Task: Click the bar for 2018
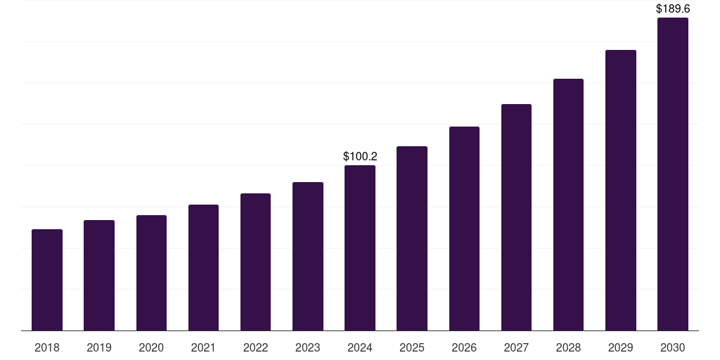(x=47, y=280)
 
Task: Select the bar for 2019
(x=99, y=276)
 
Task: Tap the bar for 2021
(x=203, y=268)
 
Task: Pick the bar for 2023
(x=308, y=257)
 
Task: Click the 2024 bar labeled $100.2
(x=360, y=248)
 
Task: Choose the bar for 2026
(x=464, y=229)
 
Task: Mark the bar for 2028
(x=568, y=205)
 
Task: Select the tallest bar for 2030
(x=673, y=174)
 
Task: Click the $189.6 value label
(x=673, y=9)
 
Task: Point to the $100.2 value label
(x=360, y=156)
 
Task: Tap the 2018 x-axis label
(x=47, y=347)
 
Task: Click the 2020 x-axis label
(x=151, y=347)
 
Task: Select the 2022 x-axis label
(x=256, y=347)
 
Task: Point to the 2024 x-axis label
(x=360, y=347)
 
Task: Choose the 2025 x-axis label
(x=412, y=347)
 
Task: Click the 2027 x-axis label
(x=516, y=347)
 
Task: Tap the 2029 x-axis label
(x=621, y=347)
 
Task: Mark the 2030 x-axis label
(x=673, y=347)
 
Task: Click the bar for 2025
(x=412, y=238)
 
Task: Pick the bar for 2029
(x=621, y=191)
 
